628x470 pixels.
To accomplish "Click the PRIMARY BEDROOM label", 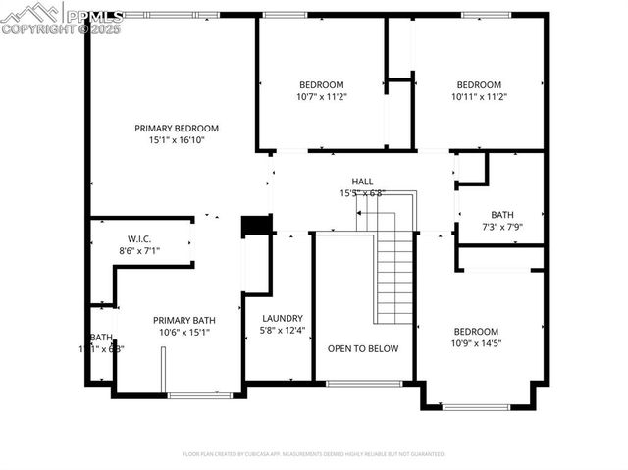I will pos(177,128).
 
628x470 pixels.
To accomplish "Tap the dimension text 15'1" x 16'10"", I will pos(177,140).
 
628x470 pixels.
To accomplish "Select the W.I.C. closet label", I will pos(138,238).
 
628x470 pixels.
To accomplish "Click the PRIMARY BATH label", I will pos(183,320).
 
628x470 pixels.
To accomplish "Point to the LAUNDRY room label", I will pos(283,318).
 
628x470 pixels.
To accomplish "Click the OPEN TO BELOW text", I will pos(363,348).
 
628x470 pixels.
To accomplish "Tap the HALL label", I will pos(362,182).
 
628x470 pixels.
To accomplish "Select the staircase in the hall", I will pos(394,275).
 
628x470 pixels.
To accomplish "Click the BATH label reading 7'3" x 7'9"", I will pos(501,215).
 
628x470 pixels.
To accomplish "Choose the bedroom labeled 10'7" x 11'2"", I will pos(322,84).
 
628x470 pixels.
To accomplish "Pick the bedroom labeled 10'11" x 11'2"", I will pos(479,84).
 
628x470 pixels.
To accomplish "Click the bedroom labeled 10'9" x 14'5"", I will pos(475,332).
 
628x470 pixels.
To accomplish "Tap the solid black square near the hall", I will pos(256,225).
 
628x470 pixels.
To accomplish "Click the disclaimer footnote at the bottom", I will pos(314,454).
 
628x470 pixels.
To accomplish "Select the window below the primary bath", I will pos(199,395).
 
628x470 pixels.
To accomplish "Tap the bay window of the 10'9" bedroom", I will pos(476,406).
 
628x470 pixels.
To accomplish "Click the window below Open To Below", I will pos(364,383).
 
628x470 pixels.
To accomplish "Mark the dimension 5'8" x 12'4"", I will pos(283,331).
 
